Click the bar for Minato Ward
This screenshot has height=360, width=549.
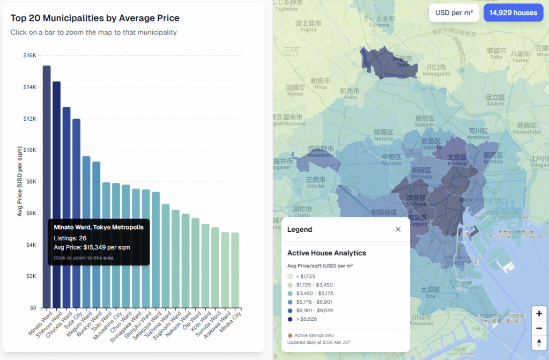47,161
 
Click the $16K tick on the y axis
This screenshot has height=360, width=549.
29,55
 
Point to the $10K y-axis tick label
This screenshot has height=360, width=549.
29,150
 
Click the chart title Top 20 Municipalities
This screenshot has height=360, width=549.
95,18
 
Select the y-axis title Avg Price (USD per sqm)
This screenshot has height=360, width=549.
20,181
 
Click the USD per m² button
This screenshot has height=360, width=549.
454,13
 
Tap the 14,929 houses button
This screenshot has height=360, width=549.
513,13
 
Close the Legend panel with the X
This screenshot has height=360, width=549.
398,230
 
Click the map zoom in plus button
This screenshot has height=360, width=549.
539,314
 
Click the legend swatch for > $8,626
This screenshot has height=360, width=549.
290,319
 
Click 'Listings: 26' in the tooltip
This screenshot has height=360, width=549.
70,238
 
